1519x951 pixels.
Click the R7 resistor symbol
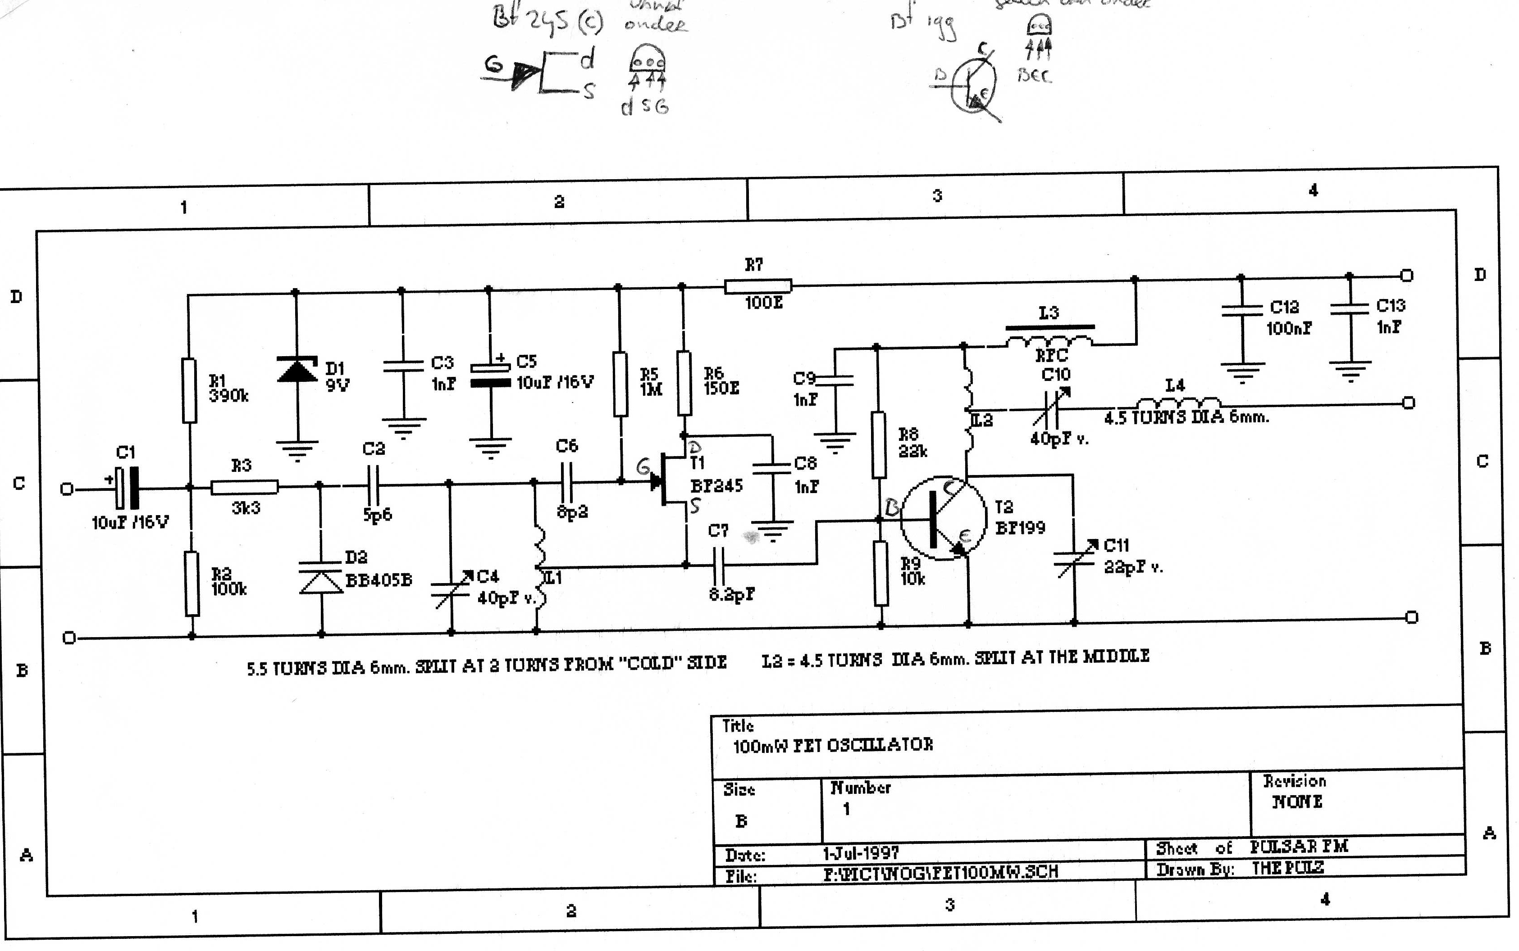pyautogui.click(x=757, y=286)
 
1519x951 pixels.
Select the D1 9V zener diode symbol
pyautogui.click(x=297, y=370)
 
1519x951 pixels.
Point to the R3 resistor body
pyautogui.click(x=244, y=487)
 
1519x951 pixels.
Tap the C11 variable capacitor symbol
pyautogui.click(x=1075, y=557)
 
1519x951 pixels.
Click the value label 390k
pyautogui.click(x=228, y=396)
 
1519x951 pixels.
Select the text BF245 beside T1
pyautogui.click(x=716, y=485)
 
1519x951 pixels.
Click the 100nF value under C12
pyautogui.click(x=1289, y=328)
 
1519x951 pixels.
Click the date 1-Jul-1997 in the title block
pyautogui.click(x=860, y=853)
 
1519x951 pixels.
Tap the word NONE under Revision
pyautogui.click(x=1297, y=802)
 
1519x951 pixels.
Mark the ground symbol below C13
pyautogui.click(x=1350, y=371)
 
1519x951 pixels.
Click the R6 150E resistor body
pyautogui.click(x=684, y=383)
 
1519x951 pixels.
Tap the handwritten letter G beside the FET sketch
pyautogui.click(x=494, y=64)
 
